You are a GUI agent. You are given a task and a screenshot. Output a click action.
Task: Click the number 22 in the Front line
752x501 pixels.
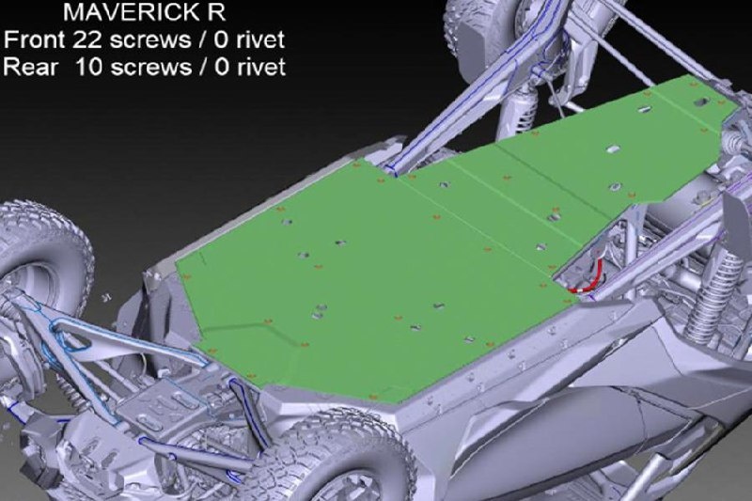point(86,39)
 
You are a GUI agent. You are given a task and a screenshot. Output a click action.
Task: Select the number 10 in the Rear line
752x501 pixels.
point(88,67)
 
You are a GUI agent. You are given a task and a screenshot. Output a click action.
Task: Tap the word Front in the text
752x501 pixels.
point(36,39)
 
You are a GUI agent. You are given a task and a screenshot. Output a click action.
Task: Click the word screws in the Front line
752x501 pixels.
point(151,40)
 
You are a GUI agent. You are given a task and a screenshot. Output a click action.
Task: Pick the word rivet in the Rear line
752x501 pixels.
point(260,67)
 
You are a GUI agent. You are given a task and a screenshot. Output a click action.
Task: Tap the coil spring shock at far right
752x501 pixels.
point(710,297)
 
